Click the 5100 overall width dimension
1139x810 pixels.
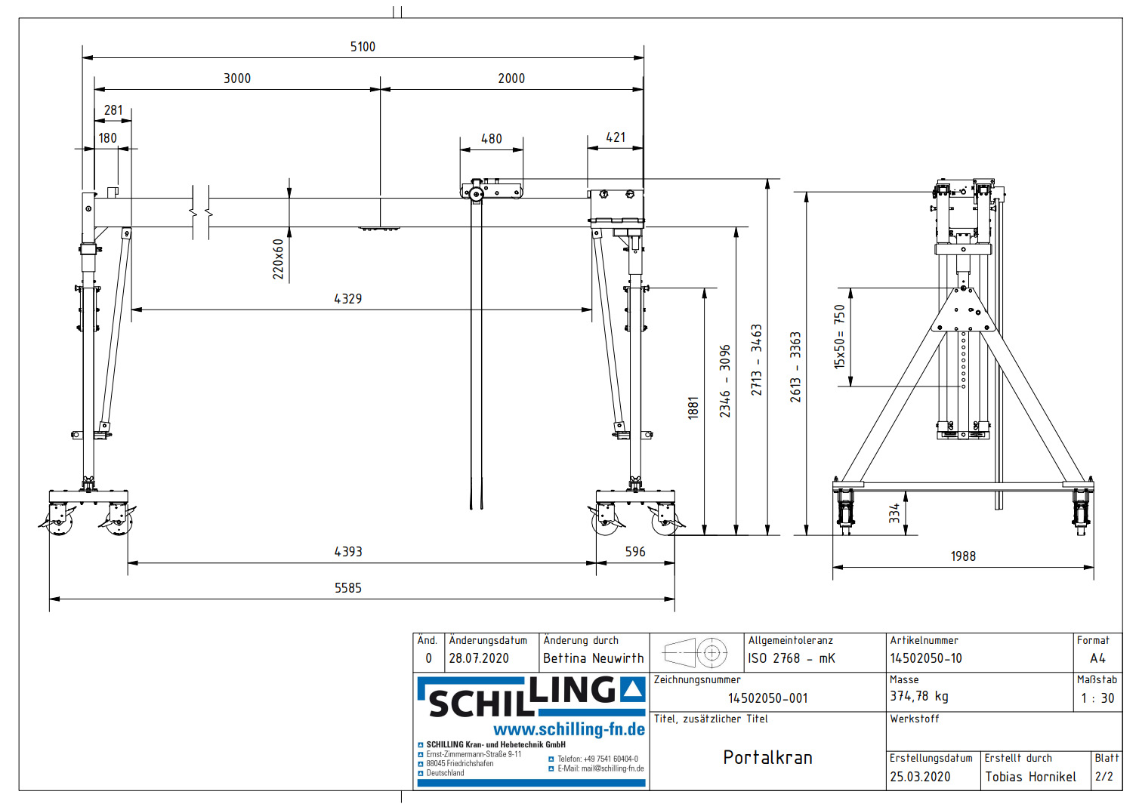(363, 47)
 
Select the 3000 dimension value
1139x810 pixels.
(237, 79)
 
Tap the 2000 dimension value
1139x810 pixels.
(511, 79)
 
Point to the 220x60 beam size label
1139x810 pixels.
(279, 259)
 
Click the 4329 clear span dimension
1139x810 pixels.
(348, 299)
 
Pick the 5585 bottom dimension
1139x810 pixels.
(348, 588)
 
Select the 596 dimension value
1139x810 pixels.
(635, 552)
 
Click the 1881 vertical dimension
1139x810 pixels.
(693, 408)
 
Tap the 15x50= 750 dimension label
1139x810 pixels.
(839, 336)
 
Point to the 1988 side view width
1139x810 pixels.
(963, 556)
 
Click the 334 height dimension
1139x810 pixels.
(894, 513)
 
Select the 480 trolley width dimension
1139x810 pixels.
(492, 139)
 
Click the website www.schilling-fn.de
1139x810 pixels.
(569, 729)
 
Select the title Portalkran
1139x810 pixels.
(767, 757)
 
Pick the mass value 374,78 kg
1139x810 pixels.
(918, 696)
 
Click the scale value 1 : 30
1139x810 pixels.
(1097, 698)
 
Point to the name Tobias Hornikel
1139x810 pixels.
(1030, 777)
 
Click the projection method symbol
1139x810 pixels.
(696, 652)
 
